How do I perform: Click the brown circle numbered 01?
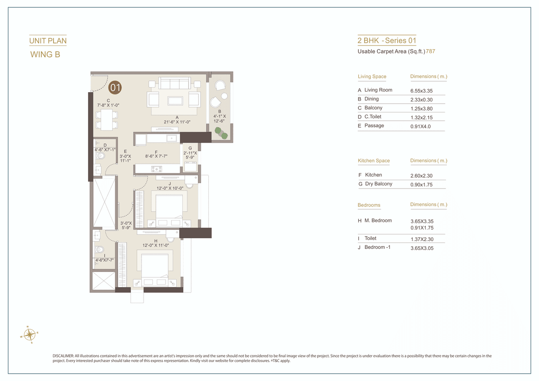pyautogui.click(x=115, y=88)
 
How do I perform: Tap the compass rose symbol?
pyautogui.click(x=29, y=335)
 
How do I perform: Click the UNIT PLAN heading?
pyautogui.click(x=48, y=41)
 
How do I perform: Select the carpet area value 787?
pyautogui.click(x=430, y=51)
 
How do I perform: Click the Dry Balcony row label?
pyautogui.click(x=378, y=184)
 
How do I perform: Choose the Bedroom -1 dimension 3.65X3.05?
pyautogui.click(x=422, y=248)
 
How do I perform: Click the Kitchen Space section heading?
pyautogui.click(x=374, y=161)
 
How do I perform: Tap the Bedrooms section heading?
pyautogui.click(x=369, y=205)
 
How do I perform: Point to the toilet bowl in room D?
pyautogui.click(x=100, y=156)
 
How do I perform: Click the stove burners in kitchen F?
pyautogui.click(x=157, y=169)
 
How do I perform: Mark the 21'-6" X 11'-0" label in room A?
pyautogui.click(x=177, y=122)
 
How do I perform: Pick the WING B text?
pyautogui.click(x=45, y=54)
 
